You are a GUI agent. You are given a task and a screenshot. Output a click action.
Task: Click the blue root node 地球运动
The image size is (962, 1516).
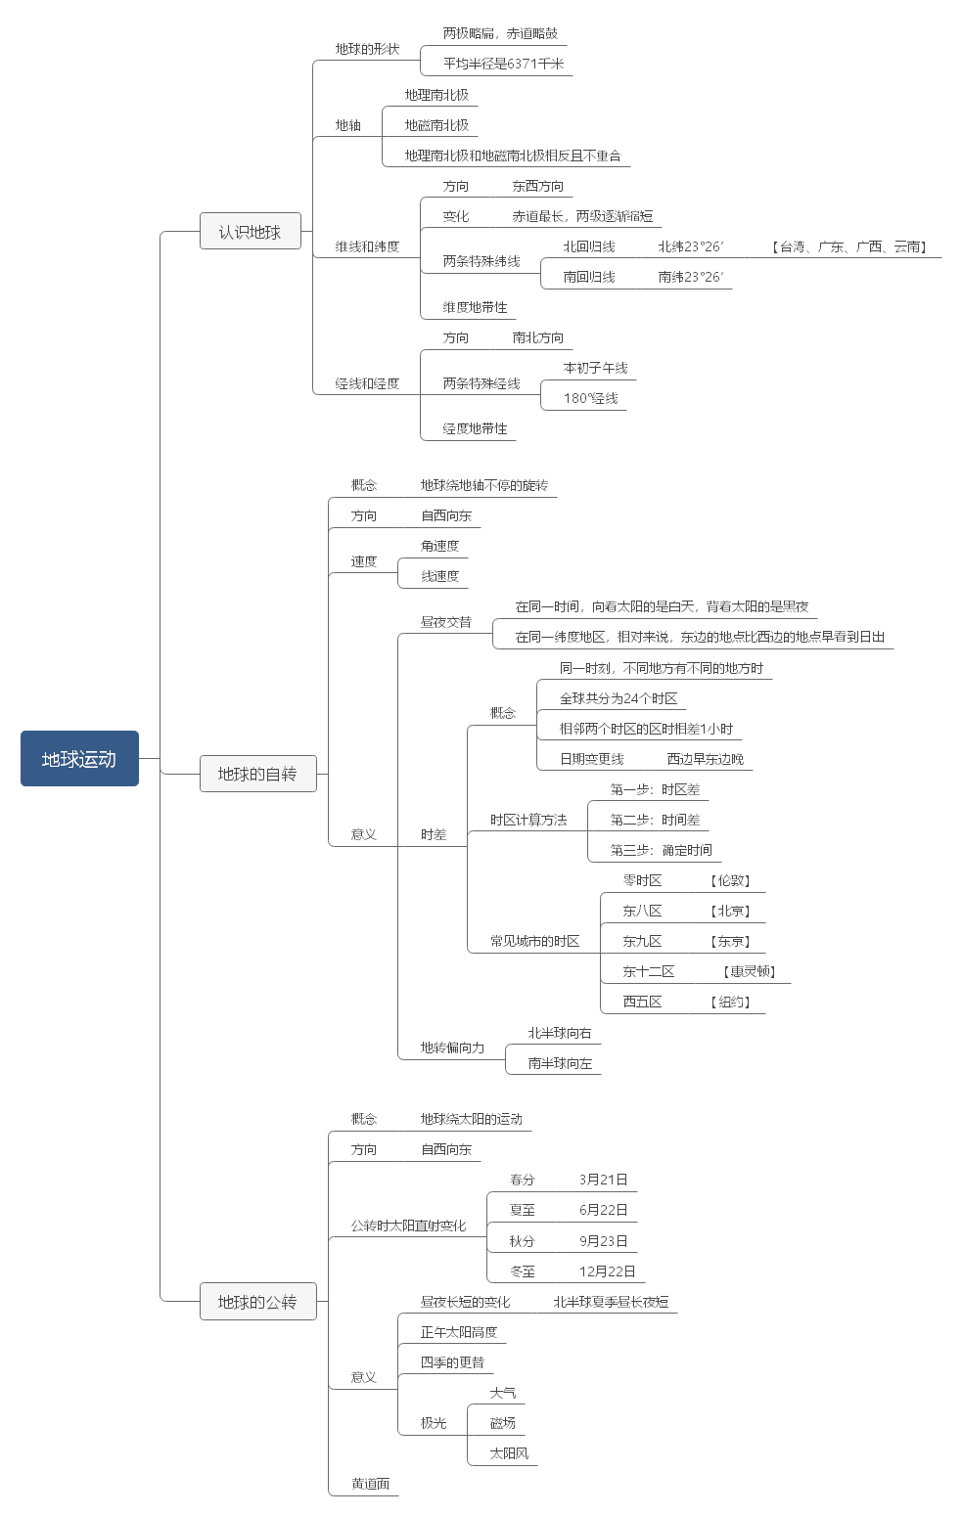(79, 758)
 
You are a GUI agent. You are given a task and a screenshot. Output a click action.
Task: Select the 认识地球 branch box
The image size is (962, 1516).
(250, 232)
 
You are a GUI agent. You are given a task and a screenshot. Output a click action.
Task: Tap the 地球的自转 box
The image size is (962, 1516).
(257, 774)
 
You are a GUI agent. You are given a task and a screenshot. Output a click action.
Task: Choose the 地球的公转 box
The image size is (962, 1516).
(257, 1302)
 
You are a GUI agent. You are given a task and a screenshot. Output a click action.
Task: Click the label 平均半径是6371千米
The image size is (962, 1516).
(503, 64)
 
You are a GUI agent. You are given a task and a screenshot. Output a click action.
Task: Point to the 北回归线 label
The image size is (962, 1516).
(589, 246)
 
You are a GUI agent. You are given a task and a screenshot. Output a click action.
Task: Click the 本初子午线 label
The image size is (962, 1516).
(595, 368)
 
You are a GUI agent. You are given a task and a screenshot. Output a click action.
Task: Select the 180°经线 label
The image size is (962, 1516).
(590, 398)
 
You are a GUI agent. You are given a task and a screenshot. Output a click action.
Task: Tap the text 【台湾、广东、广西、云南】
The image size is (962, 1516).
(848, 246)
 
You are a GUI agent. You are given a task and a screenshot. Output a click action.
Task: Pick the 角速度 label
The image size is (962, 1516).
(439, 546)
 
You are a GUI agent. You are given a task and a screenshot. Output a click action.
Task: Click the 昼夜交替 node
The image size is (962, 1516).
(445, 621)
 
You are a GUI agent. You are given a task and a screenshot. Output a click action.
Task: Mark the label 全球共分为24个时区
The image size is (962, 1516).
(618, 698)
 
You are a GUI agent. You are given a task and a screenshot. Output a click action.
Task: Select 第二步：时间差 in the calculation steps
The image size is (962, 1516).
(655, 820)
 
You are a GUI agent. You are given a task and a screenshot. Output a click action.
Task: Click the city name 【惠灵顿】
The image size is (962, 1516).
(751, 971)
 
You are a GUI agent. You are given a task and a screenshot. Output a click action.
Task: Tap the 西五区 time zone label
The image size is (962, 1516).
(642, 1002)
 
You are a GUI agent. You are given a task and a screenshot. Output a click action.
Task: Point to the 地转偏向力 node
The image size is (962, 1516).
(452, 1048)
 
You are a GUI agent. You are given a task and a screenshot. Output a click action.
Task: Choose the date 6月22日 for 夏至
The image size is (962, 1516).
(603, 1210)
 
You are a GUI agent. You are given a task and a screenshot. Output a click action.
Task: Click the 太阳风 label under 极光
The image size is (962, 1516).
(509, 1453)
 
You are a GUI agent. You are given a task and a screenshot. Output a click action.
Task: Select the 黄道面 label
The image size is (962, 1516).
(371, 1484)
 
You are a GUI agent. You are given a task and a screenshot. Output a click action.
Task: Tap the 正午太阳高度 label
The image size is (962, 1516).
(459, 1332)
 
